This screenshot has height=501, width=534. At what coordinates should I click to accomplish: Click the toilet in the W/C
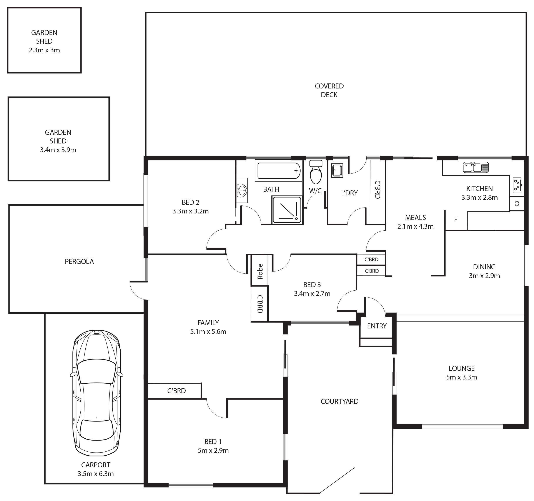click(x=316, y=172)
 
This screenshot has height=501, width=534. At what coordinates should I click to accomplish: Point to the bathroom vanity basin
click(x=242, y=190)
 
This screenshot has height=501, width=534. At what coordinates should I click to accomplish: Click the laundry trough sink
click(x=337, y=171)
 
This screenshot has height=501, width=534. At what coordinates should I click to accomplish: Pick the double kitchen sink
click(x=476, y=167)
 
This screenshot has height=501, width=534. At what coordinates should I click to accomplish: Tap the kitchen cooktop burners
click(x=517, y=185)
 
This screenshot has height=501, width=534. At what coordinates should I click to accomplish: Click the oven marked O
click(x=517, y=204)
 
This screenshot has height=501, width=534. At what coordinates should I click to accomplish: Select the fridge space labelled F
click(x=456, y=220)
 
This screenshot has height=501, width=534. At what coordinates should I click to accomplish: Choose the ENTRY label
click(x=377, y=326)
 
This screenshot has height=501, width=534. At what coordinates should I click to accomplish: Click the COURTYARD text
click(x=339, y=401)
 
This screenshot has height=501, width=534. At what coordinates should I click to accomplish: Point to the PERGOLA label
click(x=79, y=261)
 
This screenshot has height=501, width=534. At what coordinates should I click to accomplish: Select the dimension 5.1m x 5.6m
click(x=208, y=331)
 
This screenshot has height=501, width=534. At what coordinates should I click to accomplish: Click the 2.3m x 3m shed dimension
click(x=44, y=50)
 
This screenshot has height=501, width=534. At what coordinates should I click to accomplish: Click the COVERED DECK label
click(x=329, y=90)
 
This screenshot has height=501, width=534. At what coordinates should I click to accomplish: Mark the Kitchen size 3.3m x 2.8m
click(x=479, y=197)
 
